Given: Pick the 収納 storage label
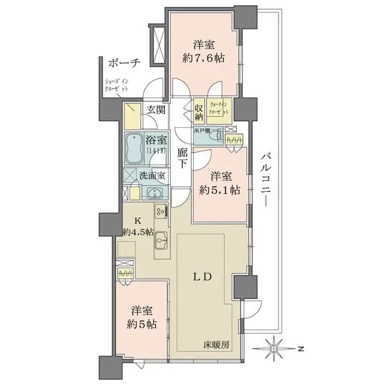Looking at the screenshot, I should (200, 112).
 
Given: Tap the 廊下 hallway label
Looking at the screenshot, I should (183, 158).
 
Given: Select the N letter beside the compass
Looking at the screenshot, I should (300, 349).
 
